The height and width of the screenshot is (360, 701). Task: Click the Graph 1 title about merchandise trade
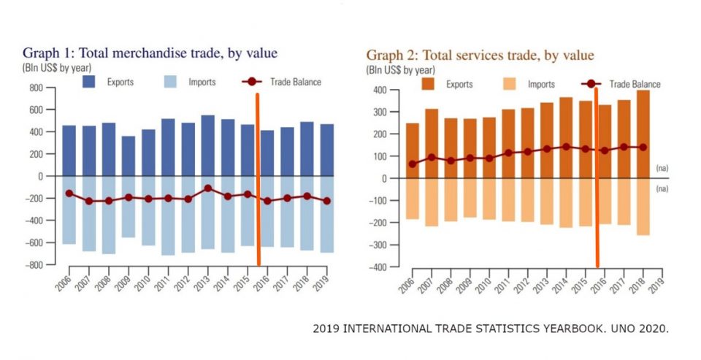[x=150, y=53]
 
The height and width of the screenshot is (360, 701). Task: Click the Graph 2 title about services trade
[x=480, y=55]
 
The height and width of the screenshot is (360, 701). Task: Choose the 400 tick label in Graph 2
[x=378, y=90]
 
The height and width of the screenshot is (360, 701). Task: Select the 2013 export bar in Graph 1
[x=207, y=146]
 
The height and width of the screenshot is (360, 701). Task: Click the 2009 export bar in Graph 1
[x=128, y=156]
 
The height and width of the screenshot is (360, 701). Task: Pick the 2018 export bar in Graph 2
[x=642, y=134]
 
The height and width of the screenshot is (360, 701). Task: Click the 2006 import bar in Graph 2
[x=413, y=199]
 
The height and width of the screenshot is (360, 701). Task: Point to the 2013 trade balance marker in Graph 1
[x=207, y=188]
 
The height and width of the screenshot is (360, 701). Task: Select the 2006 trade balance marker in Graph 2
[x=413, y=164]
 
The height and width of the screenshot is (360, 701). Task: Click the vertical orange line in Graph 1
[x=258, y=179]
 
